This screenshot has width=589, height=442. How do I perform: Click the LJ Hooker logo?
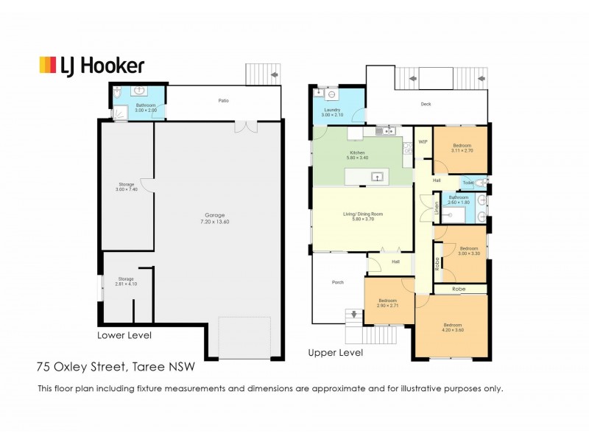click(91, 66)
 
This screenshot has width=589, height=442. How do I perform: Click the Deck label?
click(426, 104)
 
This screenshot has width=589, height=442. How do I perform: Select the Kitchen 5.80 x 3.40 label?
click(357, 155)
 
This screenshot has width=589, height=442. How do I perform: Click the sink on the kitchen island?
click(377, 176)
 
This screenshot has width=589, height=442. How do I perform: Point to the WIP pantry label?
click(423, 141)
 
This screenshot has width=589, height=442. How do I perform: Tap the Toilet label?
click(468, 183)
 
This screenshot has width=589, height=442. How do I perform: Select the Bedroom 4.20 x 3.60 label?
click(453, 328)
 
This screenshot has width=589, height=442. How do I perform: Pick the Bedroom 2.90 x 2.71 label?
click(388, 302)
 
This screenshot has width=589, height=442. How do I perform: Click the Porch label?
click(338, 282)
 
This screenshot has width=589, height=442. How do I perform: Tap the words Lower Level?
click(124, 335)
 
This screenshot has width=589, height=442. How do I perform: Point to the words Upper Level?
click(336, 353)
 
